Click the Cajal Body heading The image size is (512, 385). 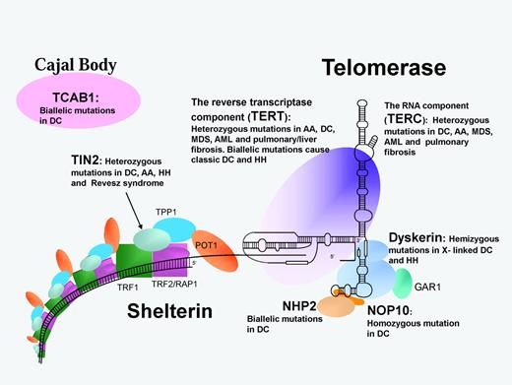pyautogui.click(x=74, y=66)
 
